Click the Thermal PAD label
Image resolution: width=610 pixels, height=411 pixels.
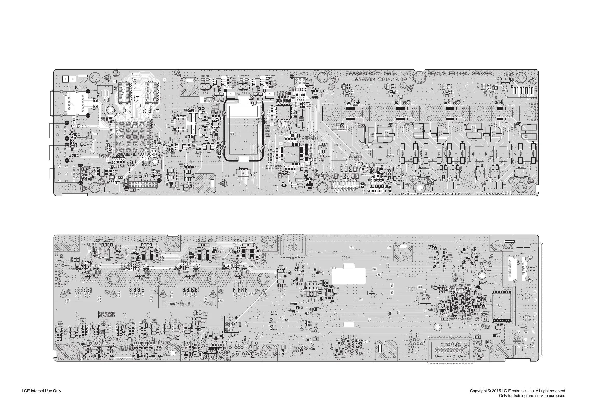pyautogui.click(x=188, y=304)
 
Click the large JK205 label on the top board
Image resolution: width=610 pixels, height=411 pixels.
pyautogui.click(x=80, y=87)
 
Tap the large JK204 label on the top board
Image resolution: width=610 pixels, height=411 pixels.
pyautogui.click(x=83, y=127)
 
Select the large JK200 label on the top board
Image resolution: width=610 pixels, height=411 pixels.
pyautogui.click(x=69, y=186)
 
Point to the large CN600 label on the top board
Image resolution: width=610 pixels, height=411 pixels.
pyautogui.click(x=301, y=74)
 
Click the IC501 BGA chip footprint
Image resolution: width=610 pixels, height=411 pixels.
pyautogui.click(x=132, y=136)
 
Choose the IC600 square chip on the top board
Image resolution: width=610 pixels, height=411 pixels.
pyautogui.click(x=283, y=112)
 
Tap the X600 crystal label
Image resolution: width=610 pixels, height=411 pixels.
pyautogui.click(x=302, y=130)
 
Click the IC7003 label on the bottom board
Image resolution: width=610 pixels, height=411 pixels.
pyautogui.click(x=108, y=260)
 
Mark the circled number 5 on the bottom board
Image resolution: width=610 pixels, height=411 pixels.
pyautogui.click(x=69, y=291)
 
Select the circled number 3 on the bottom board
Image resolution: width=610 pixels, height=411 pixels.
pyautogui.click(x=221, y=291)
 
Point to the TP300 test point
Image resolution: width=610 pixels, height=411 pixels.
pyautogui.click(x=84, y=244)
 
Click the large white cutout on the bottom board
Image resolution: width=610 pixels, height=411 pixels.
pyautogui.click(x=349, y=276)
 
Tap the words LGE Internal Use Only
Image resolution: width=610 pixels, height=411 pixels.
pyautogui.click(x=41, y=391)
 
